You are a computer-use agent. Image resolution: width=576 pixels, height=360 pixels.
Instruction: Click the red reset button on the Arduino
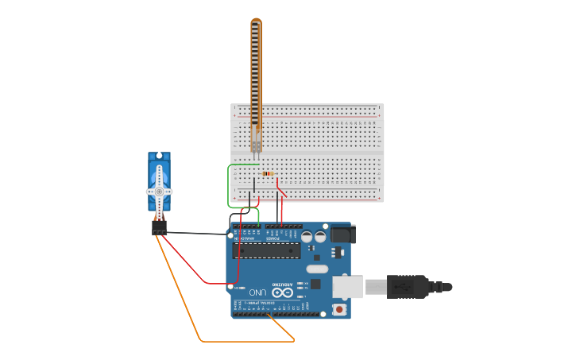click(340, 309)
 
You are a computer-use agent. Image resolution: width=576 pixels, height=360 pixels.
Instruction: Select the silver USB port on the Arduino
click(347, 287)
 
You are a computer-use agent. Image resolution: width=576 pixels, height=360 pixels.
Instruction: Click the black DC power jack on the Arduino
click(341, 234)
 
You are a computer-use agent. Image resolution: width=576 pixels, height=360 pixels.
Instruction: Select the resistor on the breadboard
click(268, 173)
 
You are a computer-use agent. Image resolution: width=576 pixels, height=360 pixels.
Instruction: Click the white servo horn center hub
click(159, 192)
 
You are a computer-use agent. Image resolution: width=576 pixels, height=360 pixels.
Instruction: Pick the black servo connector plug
click(160, 228)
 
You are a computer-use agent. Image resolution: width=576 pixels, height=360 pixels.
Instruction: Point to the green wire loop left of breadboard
click(229, 187)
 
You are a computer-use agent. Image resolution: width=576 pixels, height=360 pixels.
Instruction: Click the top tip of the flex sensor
click(256, 21)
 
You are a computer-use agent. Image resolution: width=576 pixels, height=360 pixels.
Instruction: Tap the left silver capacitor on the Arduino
click(307, 236)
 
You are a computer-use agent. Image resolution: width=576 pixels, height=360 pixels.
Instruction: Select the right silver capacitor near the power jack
click(320, 236)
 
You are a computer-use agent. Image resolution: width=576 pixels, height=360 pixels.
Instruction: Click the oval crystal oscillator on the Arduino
click(316, 269)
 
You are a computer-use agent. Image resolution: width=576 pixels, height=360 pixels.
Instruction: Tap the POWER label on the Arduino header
click(273, 238)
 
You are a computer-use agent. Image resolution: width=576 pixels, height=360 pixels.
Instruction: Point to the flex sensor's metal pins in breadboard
click(256, 147)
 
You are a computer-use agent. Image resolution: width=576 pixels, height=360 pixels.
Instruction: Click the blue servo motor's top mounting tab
click(159, 156)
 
